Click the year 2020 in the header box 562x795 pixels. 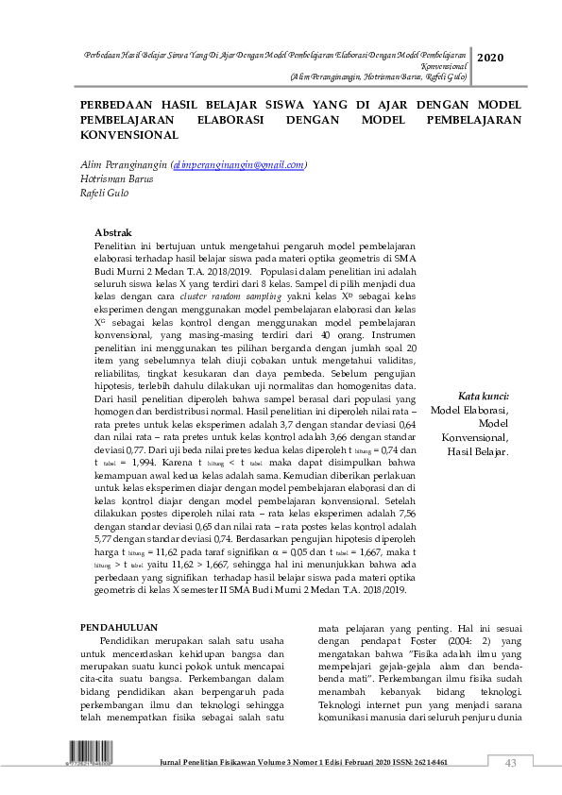490,59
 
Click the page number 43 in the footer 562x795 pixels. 511,763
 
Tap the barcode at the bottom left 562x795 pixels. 82,760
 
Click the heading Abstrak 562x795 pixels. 113,232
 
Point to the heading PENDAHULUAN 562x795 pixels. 118,627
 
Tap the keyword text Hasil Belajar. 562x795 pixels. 478,452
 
